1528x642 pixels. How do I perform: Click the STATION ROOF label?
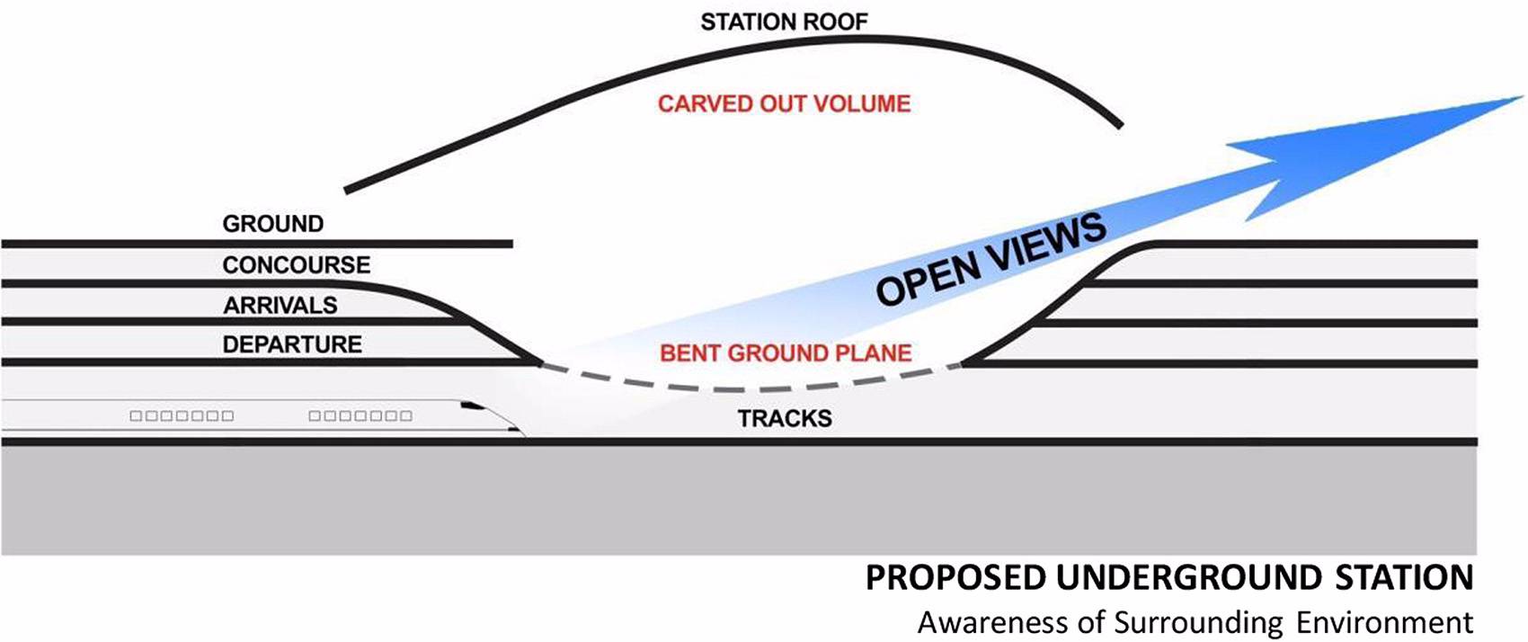tap(784, 22)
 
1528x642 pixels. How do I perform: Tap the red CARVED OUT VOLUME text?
tap(784, 103)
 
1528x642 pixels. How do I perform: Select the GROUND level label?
tap(272, 223)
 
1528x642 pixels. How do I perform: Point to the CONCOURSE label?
tap(296, 264)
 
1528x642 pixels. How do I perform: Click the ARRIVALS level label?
tap(280, 305)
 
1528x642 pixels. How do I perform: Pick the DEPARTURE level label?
tap(292, 344)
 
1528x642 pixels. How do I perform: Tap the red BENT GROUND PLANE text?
tap(786, 352)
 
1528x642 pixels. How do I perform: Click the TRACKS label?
tap(785, 418)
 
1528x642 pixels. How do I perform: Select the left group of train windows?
tap(182, 416)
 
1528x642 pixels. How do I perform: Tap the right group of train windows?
tap(360, 416)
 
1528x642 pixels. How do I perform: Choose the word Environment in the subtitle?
tap(1384, 622)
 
